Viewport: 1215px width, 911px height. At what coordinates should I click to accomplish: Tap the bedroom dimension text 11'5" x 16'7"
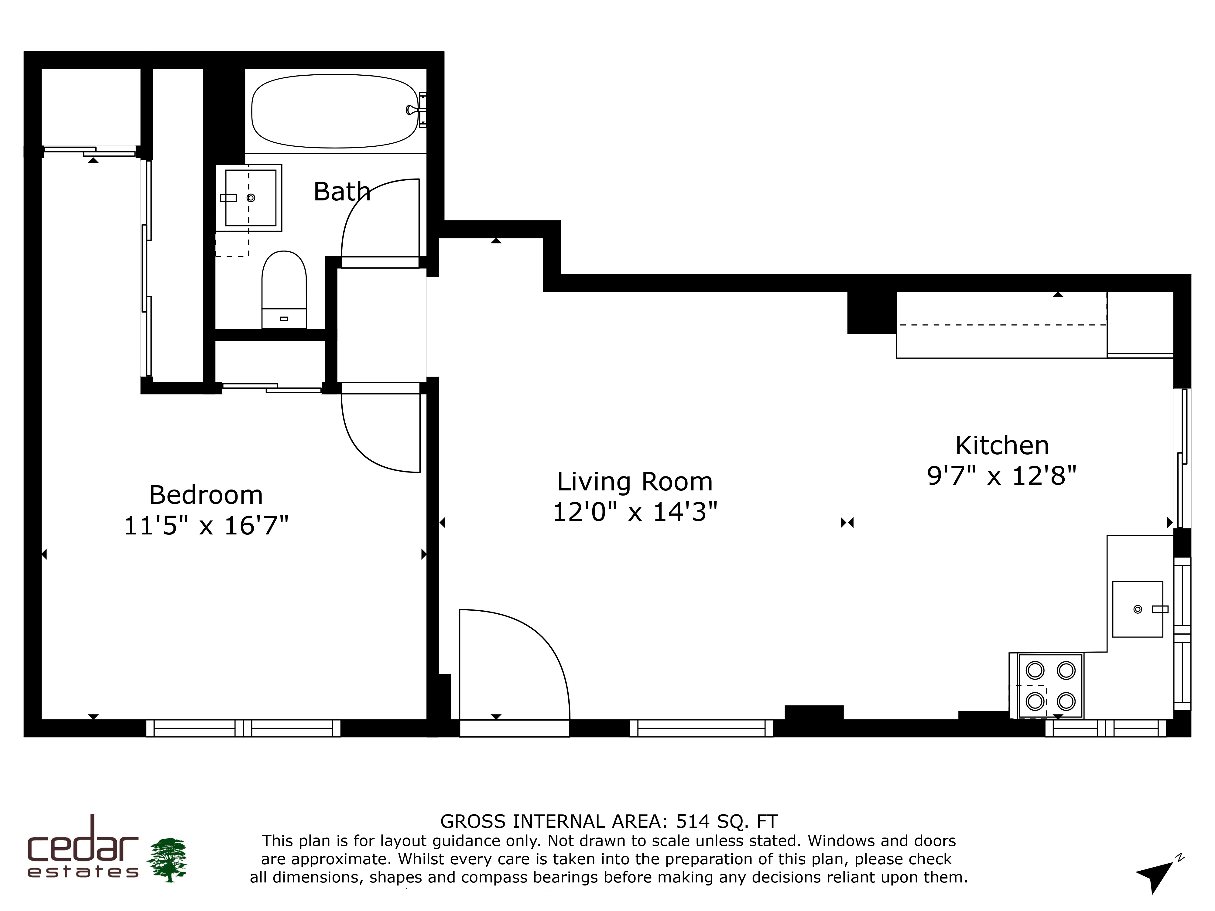point(206,526)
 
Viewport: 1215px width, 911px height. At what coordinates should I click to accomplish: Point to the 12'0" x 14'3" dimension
point(635,512)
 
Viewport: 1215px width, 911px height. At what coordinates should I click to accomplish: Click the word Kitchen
point(1002,445)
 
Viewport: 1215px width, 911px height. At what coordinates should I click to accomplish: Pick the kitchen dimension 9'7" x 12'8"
point(1001,476)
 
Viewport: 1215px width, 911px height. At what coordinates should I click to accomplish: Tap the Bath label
point(342,192)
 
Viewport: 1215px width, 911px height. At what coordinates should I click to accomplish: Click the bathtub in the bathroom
point(335,111)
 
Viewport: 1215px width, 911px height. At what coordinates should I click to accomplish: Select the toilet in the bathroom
point(284,289)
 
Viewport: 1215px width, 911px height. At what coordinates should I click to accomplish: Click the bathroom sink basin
point(251,198)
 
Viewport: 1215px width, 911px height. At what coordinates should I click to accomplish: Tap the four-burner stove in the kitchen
point(1050,685)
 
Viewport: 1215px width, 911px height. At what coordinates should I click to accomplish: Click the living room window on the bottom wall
point(701,728)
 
